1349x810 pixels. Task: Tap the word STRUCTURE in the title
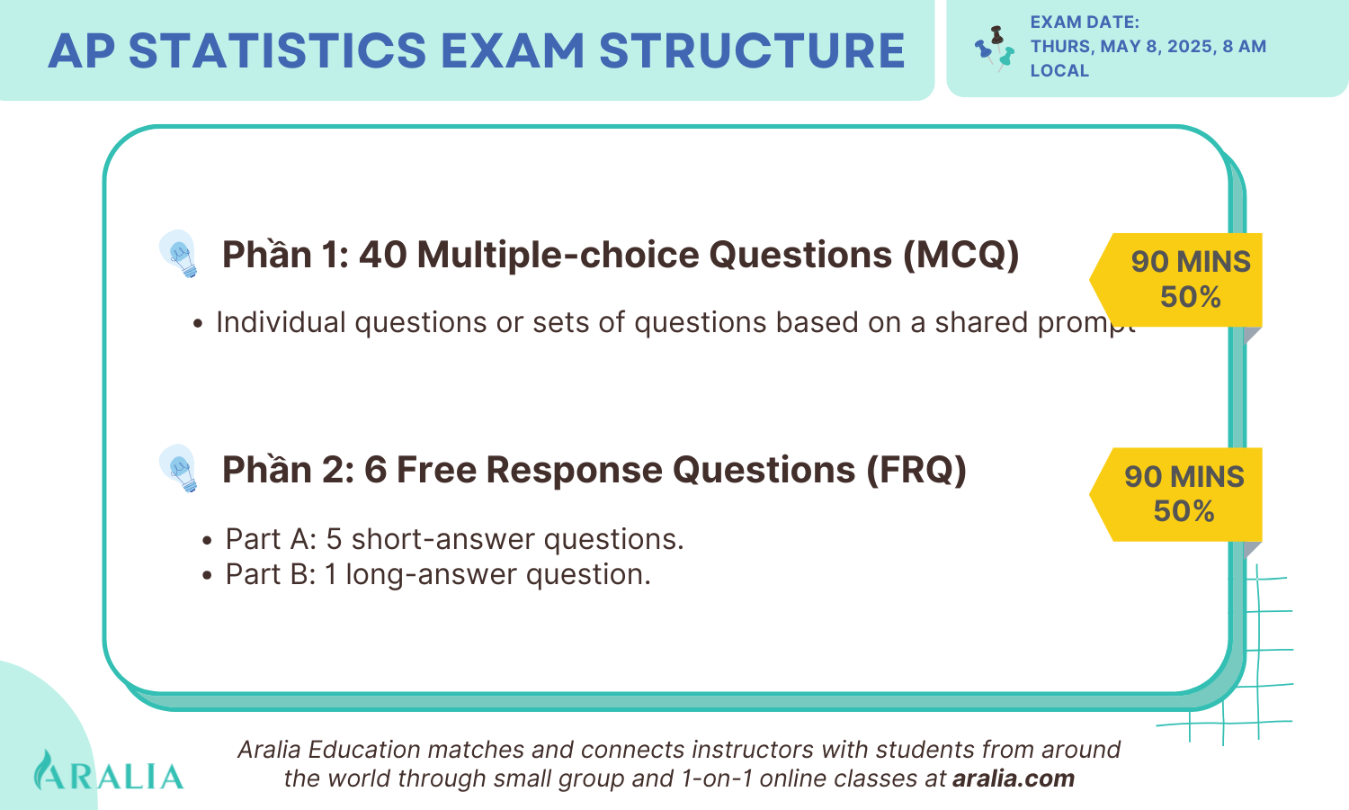coord(751,50)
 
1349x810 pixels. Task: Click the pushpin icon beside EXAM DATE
coord(995,49)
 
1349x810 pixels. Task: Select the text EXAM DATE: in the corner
coord(1085,22)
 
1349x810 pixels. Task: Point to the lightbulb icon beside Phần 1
coord(178,254)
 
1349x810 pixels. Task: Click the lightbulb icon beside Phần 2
coord(178,469)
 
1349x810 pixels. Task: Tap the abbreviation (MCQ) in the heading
coord(960,255)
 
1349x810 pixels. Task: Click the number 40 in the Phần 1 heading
coord(382,255)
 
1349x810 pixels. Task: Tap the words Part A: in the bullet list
coord(271,539)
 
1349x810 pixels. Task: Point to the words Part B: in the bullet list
coord(271,574)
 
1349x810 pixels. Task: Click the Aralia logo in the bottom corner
coord(108,772)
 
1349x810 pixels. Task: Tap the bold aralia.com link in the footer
coord(1013,778)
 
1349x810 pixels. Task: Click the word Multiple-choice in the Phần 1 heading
coord(558,255)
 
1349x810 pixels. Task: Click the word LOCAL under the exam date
coord(1059,71)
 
